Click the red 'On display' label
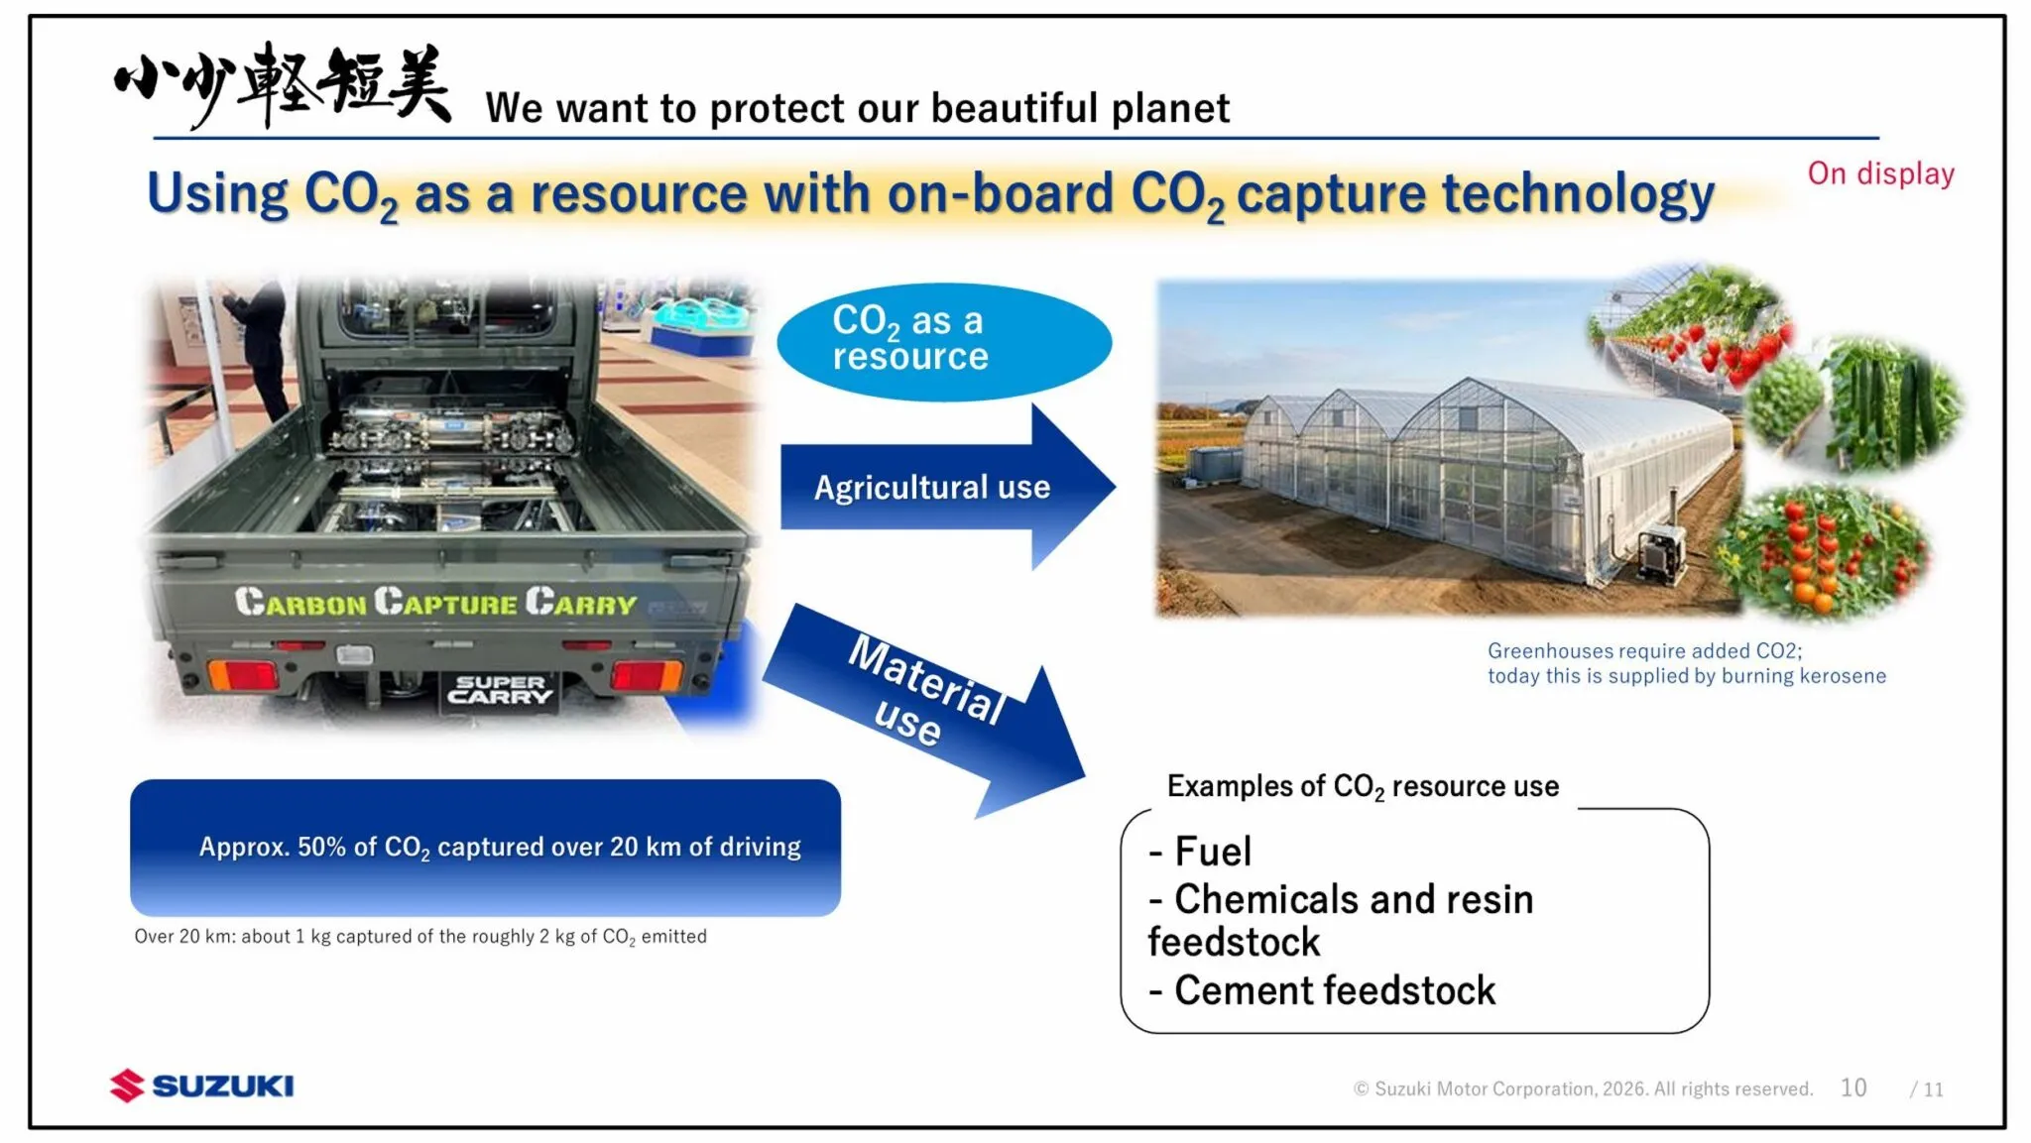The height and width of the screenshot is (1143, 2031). coord(1880,173)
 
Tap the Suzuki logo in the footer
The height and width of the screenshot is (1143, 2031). coord(201,1086)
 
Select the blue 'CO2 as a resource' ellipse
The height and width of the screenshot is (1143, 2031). coord(944,342)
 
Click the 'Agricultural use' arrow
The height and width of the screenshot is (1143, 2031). coord(947,487)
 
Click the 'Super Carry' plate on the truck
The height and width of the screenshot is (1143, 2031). coord(500,690)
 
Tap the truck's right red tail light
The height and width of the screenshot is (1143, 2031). coord(646,675)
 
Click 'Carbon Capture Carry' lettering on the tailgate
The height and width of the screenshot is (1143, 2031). coord(435,602)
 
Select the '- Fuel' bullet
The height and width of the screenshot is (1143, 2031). coord(1200,852)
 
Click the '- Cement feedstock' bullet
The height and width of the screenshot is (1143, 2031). coord(1322,990)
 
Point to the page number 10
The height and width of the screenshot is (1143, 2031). coord(1853,1087)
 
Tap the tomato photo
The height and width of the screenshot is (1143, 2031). coord(1825,550)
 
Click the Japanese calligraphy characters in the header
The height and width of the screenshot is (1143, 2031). coord(283,84)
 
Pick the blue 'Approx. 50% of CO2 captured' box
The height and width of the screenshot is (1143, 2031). coord(485,848)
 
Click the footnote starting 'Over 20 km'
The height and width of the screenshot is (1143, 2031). coord(420,937)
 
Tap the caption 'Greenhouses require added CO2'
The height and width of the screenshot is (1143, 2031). coord(1686,663)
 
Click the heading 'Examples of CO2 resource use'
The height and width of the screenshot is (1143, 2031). coord(1363,787)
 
